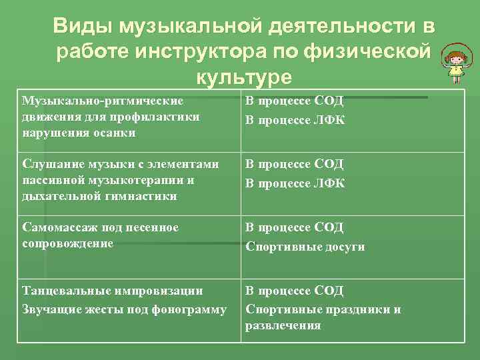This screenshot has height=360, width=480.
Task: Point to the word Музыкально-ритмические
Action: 103,101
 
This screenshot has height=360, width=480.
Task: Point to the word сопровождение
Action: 67,244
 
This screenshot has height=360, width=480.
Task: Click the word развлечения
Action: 283,325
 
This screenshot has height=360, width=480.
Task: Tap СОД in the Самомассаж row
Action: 328,228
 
